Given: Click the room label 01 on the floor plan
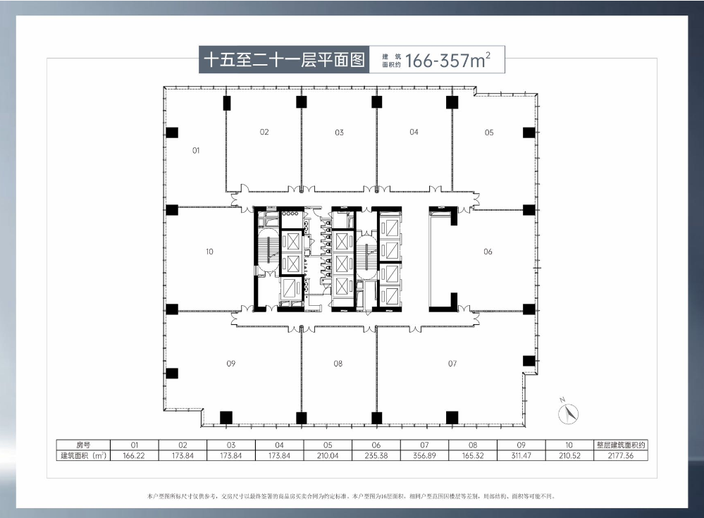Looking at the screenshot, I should [196, 150].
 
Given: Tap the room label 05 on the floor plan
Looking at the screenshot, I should [489, 132].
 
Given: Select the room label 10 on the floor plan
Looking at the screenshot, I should [209, 252].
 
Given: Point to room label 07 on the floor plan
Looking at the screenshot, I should [452, 364].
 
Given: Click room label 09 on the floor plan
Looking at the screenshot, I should [230, 364].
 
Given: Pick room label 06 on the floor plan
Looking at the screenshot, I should [488, 252].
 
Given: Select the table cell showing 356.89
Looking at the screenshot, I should [424, 456].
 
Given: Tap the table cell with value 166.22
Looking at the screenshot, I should [134, 456].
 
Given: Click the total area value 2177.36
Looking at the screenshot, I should [620, 456].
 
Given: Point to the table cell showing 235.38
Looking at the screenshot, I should [376, 456].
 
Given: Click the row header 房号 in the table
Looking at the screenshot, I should [83, 445].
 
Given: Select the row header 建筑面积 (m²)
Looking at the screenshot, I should [83, 456].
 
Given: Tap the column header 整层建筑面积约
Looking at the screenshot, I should [620, 445].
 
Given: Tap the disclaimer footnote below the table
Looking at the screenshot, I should [352, 496].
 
